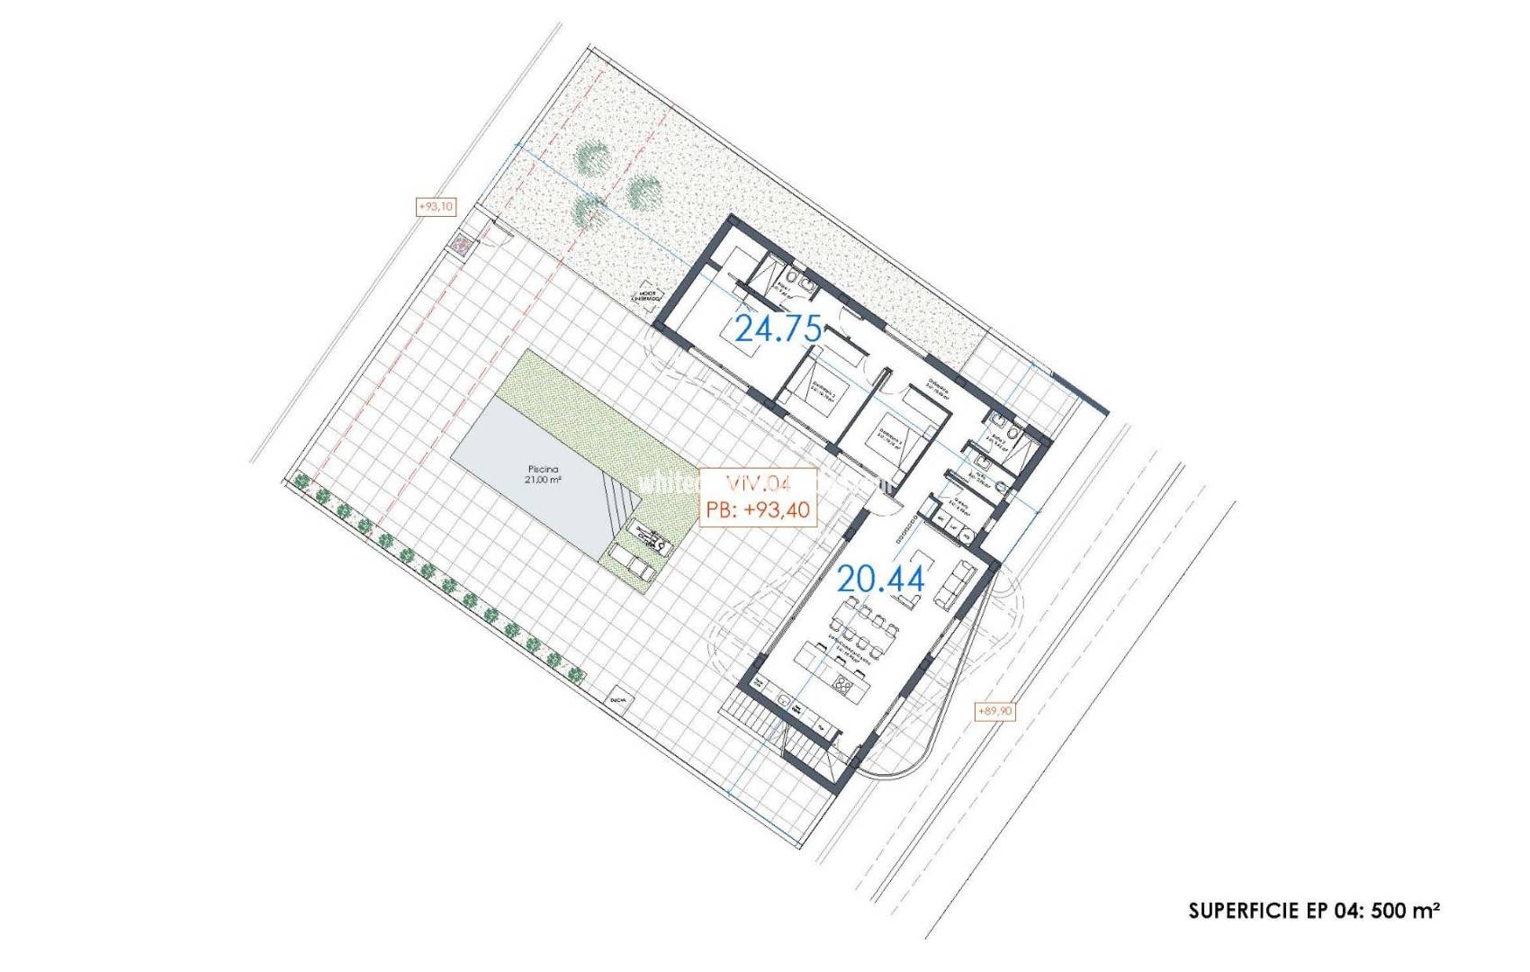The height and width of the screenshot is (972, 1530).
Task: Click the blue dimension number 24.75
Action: click(x=779, y=329)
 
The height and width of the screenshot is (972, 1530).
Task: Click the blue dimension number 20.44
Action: click(x=881, y=580)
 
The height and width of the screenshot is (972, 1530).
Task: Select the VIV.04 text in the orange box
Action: click(x=757, y=483)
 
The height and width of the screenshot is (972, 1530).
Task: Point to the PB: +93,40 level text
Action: click(x=758, y=510)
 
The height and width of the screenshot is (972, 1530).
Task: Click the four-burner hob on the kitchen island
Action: click(x=843, y=687)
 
